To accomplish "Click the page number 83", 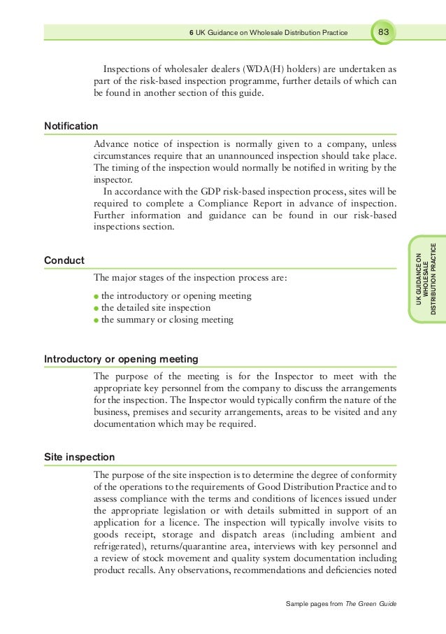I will (x=384, y=32).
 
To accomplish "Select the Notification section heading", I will (x=71, y=126).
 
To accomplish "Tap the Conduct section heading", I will (x=64, y=260).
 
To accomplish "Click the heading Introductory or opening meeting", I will (x=121, y=359).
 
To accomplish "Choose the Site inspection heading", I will (x=79, y=457).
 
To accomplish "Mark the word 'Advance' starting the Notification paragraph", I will (x=112, y=143).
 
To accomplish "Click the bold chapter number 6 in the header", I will (x=192, y=33).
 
